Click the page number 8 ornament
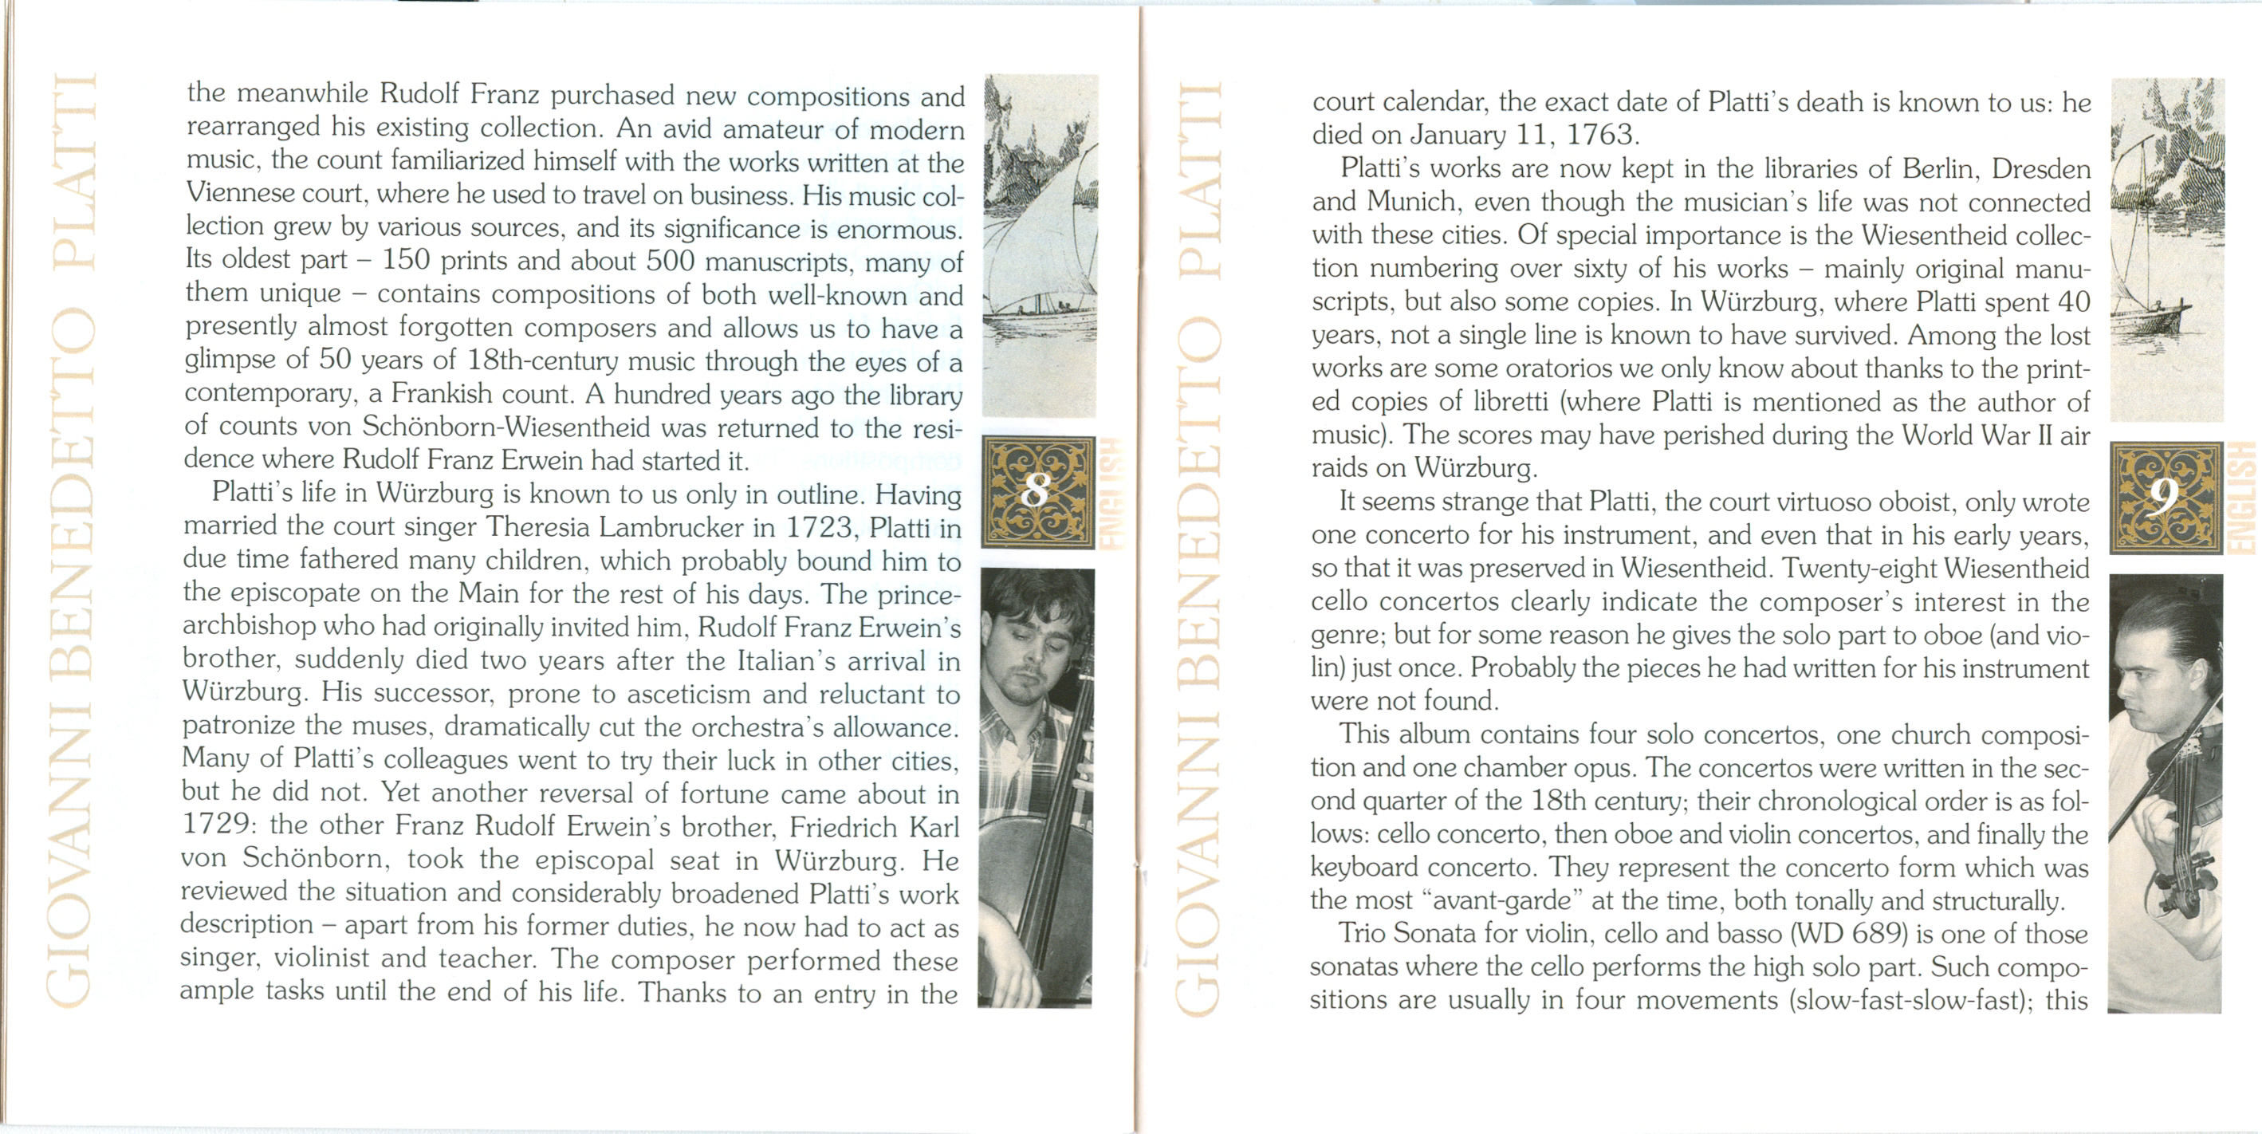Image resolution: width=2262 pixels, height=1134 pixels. pyautogui.click(x=1037, y=492)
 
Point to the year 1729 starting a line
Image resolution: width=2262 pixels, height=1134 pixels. pyautogui.click(x=216, y=825)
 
